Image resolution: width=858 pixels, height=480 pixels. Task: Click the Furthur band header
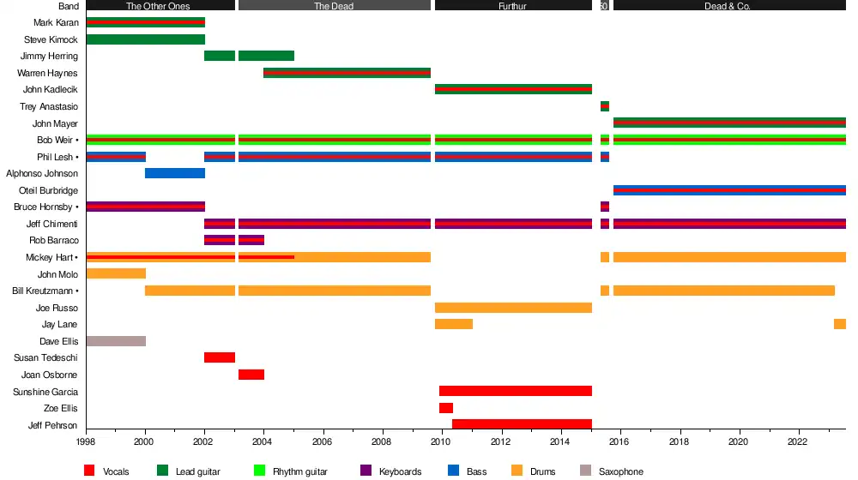click(512, 6)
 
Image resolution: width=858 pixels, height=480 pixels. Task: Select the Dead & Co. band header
click(728, 6)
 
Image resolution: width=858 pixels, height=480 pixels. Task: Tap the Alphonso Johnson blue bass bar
click(175, 173)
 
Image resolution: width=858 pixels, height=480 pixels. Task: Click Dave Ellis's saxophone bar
click(116, 341)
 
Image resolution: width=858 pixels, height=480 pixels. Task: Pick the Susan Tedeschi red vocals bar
click(220, 357)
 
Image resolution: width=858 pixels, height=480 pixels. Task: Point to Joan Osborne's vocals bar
click(251, 375)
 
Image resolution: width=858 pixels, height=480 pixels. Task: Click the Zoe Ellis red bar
click(446, 408)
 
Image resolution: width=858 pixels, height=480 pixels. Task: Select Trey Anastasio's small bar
click(605, 106)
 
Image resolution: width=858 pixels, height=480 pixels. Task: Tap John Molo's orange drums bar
click(116, 274)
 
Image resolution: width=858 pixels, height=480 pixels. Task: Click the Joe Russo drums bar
click(513, 308)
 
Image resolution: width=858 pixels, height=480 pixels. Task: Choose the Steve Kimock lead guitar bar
click(145, 39)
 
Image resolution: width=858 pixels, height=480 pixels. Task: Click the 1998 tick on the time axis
click(86, 442)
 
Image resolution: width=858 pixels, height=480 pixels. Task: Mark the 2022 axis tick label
click(797, 442)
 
